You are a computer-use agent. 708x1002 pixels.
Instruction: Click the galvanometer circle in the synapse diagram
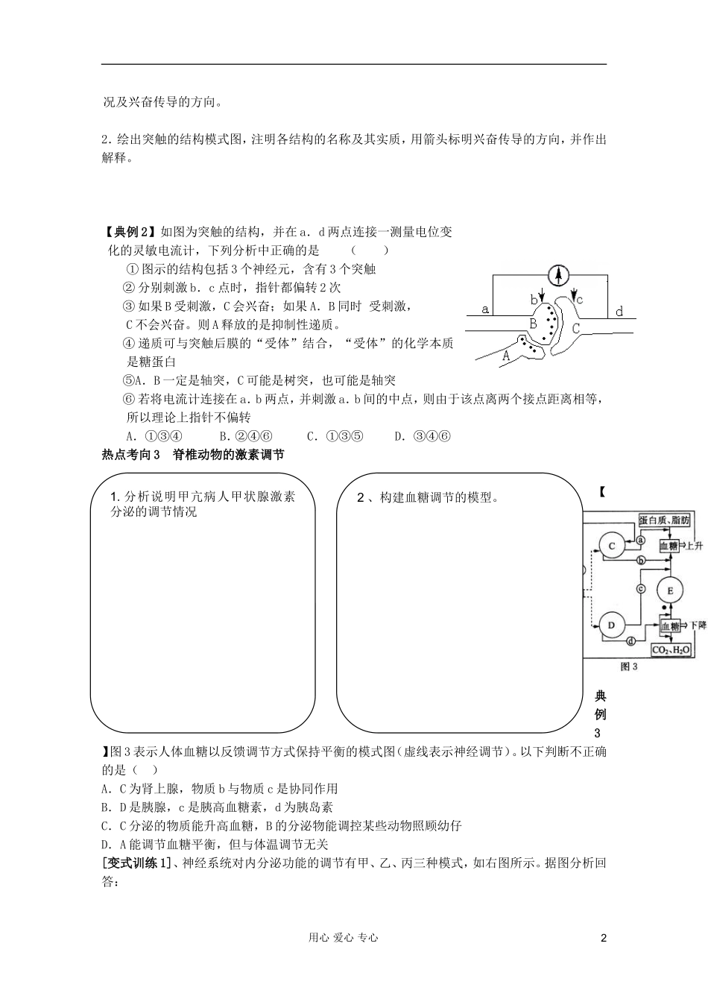557,275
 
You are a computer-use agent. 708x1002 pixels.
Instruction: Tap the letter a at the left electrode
485,309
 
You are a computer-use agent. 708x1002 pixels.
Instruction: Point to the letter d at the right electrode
619,312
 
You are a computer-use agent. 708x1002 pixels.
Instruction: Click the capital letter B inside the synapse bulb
533,323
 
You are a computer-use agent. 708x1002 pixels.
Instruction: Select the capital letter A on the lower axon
506,356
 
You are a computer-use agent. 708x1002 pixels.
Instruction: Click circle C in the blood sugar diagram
612,546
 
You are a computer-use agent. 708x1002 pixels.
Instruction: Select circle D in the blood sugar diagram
612,625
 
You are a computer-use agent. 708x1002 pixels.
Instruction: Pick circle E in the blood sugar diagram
670,590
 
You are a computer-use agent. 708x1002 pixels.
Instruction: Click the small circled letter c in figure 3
639,588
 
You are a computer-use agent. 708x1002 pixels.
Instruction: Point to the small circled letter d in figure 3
630,640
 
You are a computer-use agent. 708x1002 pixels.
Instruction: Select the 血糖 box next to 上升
669,546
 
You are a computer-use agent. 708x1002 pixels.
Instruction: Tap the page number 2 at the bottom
604,938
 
